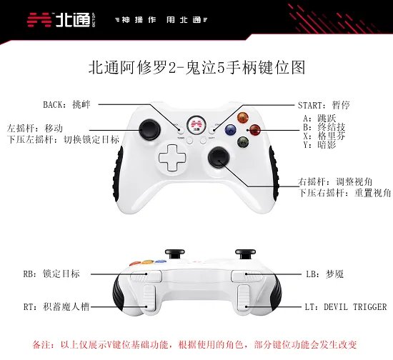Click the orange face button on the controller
click(243, 118)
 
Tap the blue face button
click(231, 130)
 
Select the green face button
click(243, 142)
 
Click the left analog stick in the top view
click(150, 129)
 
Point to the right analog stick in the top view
click(219, 158)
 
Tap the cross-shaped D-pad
click(172, 158)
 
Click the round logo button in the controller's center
click(196, 125)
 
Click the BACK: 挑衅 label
click(66, 105)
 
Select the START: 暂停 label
click(324, 105)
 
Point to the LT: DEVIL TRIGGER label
click(346, 307)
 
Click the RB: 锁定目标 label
click(51, 274)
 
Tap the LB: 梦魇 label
click(324, 274)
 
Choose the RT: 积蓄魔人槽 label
click(56, 306)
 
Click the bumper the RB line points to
click(146, 276)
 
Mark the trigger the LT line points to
click(244, 298)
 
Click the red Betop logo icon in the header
click(39, 20)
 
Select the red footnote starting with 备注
click(194, 345)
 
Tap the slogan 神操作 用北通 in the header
click(161, 20)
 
